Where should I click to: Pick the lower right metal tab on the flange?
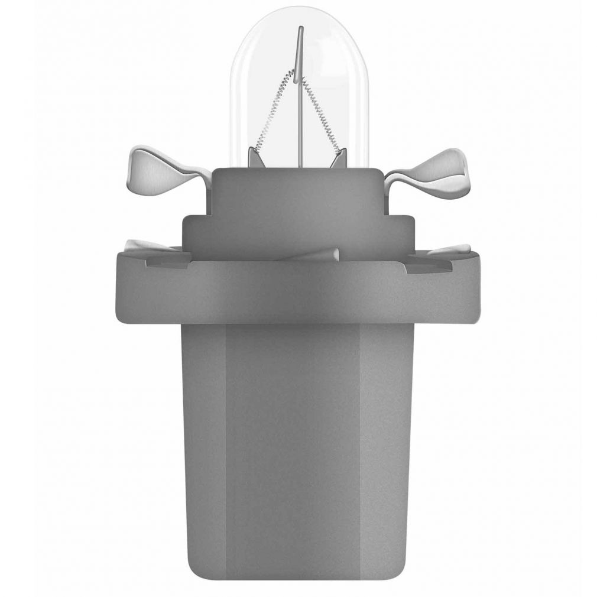pyautogui.click(x=452, y=249)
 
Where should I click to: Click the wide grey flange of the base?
pyautogui.click(x=298, y=293)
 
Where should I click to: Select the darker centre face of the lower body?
pyautogui.click(x=293, y=449)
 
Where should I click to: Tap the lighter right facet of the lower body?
pyautogui.click(x=384, y=449)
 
